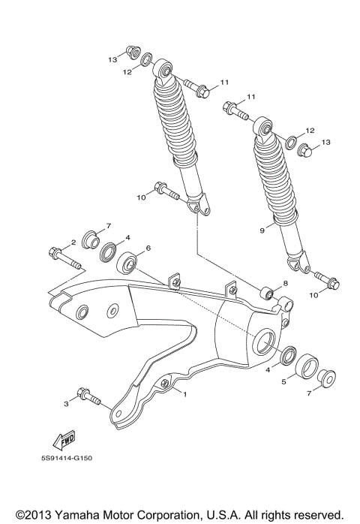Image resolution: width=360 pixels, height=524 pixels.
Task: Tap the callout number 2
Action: tap(73, 242)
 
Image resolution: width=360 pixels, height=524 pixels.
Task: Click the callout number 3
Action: tap(67, 405)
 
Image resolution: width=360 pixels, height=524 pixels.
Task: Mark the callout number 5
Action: tap(283, 381)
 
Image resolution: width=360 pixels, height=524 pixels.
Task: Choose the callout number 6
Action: tap(148, 248)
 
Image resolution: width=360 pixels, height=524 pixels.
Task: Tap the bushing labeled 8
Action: tap(267, 291)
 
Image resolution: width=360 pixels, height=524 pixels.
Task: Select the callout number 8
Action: tap(285, 284)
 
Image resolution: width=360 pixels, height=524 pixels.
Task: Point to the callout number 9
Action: tap(262, 231)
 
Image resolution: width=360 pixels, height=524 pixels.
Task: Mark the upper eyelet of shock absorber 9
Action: tap(265, 128)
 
